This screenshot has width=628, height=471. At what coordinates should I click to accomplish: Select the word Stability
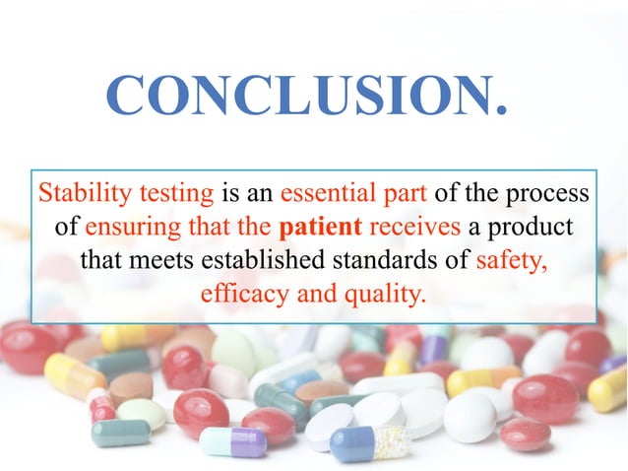click(81, 192)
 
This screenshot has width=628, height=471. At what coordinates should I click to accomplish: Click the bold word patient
click(321, 227)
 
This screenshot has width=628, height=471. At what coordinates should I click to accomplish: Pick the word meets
click(158, 261)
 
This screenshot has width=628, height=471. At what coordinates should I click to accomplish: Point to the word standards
click(379, 261)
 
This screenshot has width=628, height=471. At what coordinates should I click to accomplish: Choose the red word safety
click(511, 261)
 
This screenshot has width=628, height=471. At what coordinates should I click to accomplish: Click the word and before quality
click(309, 295)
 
